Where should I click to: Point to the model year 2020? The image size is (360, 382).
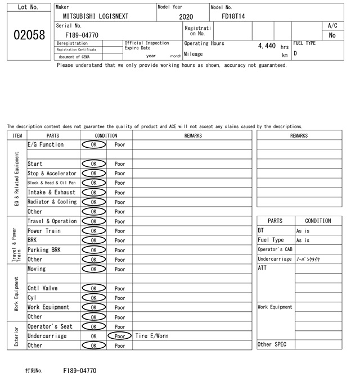point(186,17)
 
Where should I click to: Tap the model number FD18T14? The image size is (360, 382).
point(233,17)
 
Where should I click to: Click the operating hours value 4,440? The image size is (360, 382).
point(267,46)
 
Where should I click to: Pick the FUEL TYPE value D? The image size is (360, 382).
point(295,53)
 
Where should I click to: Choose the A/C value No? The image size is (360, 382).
point(332,35)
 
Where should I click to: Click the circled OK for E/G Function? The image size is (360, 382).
point(93,145)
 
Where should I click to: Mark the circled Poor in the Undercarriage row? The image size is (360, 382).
point(119,336)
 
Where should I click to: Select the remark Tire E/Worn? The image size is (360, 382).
point(152,336)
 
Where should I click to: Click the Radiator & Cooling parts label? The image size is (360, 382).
point(52,202)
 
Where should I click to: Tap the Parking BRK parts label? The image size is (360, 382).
point(44,250)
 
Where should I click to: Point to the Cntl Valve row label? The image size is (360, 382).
point(42,288)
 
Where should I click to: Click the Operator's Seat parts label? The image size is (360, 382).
point(49,326)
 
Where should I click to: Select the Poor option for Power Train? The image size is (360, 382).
point(120,231)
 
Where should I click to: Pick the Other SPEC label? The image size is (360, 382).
point(272,344)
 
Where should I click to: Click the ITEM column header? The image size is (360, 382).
point(17,135)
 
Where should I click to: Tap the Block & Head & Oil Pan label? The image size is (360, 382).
point(52,183)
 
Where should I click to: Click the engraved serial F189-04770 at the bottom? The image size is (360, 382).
point(80,371)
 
